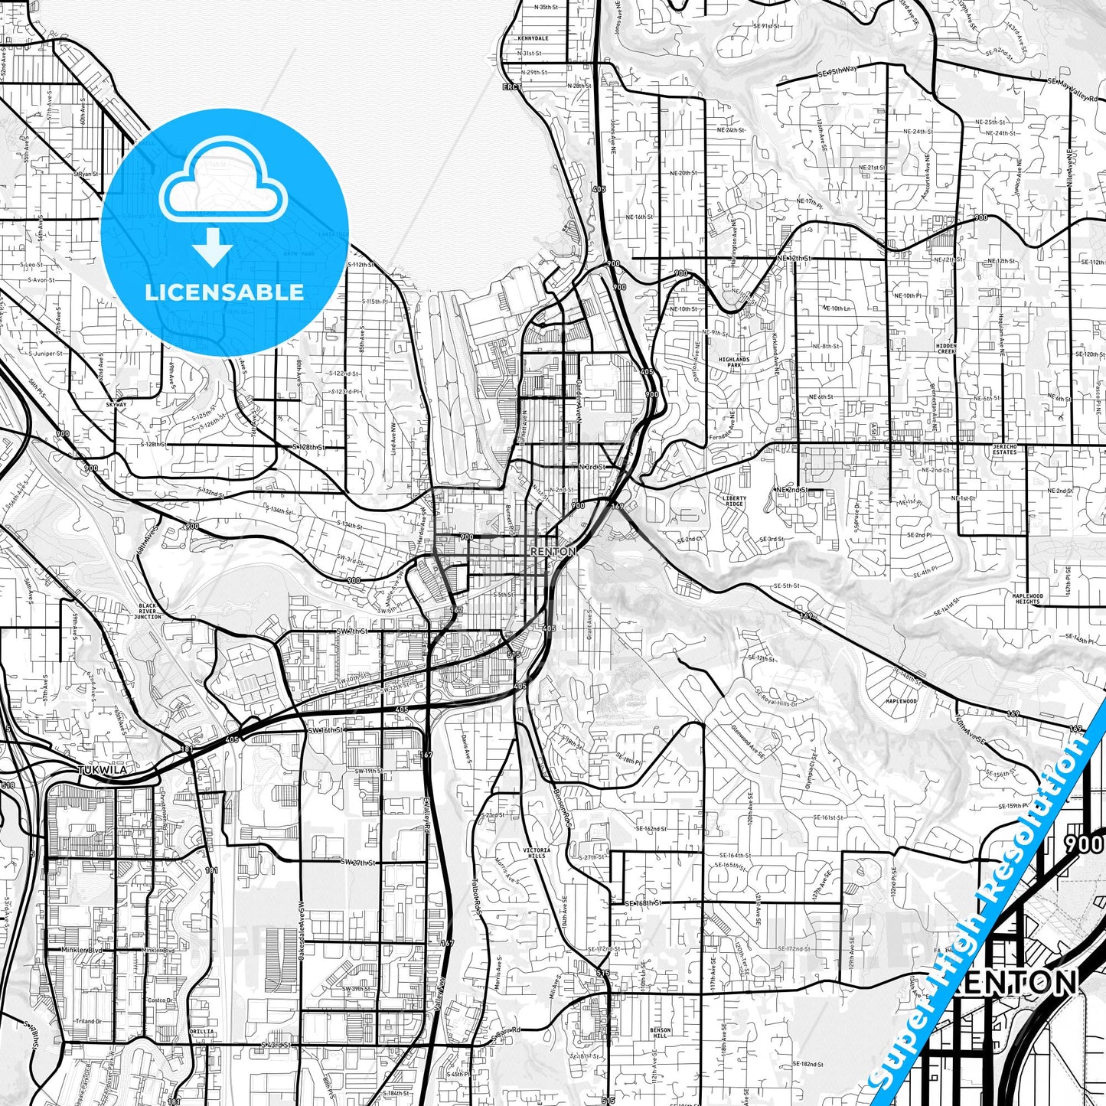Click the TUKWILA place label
[102, 770]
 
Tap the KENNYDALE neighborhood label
[533, 38]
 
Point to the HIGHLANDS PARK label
[734, 362]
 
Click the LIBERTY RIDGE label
[734, 501]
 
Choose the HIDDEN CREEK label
[946, 348]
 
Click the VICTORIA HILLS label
[537, 853]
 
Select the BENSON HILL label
[660, 1033]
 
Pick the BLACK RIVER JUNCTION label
[148, 611]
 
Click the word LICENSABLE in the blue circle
[224, 292]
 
